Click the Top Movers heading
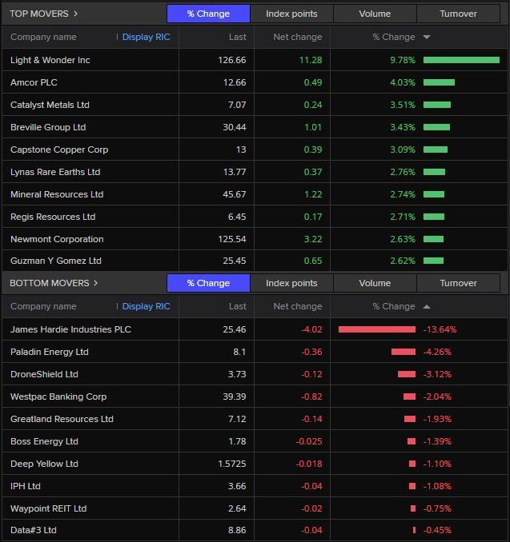point(43,14)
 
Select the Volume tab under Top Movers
point(375,14)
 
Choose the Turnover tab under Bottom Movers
point(458,283)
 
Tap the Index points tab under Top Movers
point(291,14)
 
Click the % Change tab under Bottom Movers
point(208,283)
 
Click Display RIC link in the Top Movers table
point(146,37)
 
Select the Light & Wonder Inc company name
point(50,60)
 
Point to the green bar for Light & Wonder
point(461,60)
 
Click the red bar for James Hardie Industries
point(377,329)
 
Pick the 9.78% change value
point(402,60)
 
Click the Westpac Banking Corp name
point(58,397)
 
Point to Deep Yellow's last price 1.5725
point(228,464)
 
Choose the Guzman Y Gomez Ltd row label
point(56,261)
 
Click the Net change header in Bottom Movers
point(297,306)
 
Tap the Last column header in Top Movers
point(237,37)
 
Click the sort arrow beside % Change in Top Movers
point(427,38)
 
